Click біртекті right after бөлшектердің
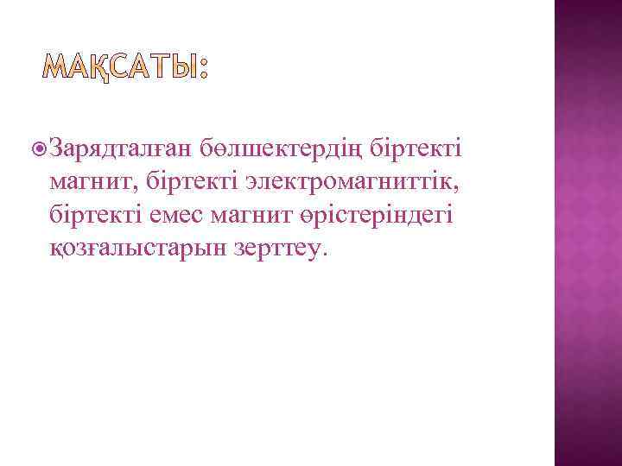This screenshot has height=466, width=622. pyautogui.click(x=416, y=148)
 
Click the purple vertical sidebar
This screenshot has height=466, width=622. pyautogui.click(x=587, y=233)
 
